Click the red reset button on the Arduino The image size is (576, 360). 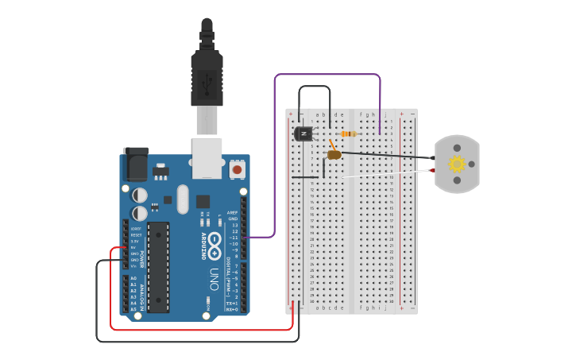click(237, 169)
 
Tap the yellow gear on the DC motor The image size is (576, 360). click(457, 164)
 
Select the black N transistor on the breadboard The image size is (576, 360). click(303, 134)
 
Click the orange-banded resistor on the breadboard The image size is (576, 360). click(348, 134)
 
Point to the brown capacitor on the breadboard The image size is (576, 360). click(334, 155)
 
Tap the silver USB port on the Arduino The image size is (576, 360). click(207, 157)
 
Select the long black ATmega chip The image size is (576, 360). click(158, 267)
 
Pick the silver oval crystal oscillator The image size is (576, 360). click(184, 199)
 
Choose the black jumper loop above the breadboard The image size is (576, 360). click(315, 87)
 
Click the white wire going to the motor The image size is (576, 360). click(381, 174)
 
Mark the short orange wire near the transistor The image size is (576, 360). click(332, 145)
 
